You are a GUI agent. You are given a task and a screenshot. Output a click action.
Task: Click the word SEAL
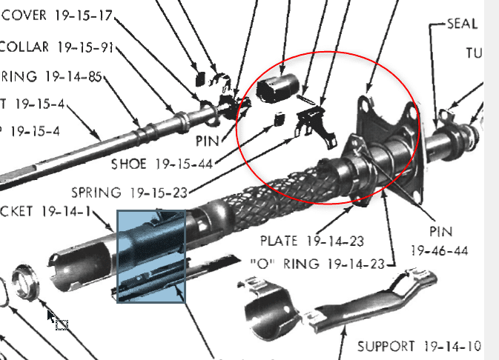pyautogui.click(x=462, y=24)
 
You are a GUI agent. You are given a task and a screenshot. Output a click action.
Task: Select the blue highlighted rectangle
pyautogui.click(x=151, y=256)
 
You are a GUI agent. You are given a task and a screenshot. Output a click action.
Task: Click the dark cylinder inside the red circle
pyautogui.click(x=277, y=88)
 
